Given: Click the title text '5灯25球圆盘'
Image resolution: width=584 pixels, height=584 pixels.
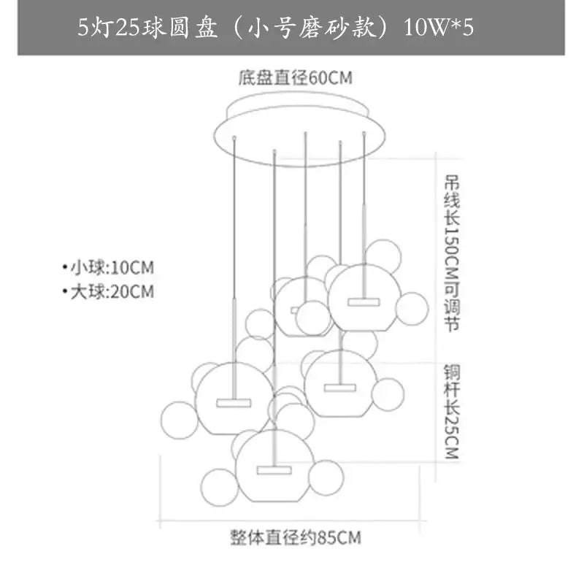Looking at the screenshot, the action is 147,28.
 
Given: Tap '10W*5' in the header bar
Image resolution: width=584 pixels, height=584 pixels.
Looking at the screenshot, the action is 439,28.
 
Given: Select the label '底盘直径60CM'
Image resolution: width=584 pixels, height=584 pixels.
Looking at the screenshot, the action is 295,78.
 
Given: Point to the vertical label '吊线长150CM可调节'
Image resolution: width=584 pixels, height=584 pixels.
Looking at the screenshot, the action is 452,253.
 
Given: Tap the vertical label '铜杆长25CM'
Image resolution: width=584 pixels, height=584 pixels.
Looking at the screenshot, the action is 452,412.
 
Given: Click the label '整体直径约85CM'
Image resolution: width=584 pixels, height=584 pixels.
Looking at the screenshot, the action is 296,538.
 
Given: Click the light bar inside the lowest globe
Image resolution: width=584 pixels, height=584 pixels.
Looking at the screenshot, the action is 274,470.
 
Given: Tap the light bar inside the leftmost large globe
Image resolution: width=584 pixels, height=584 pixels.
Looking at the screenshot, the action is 234,403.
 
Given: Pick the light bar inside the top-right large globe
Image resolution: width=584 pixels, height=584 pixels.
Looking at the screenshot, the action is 364,301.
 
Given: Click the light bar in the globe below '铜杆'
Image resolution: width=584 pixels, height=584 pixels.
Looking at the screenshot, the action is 340,388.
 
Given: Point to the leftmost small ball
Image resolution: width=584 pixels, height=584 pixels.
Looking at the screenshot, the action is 179,420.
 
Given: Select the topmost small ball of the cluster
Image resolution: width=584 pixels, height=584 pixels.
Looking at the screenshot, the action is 383,258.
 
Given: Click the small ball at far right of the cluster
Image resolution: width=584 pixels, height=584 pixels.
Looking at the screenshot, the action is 412,309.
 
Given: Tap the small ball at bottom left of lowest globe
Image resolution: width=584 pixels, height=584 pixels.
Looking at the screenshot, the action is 220,487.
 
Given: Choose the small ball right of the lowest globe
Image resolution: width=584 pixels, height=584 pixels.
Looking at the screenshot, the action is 326,478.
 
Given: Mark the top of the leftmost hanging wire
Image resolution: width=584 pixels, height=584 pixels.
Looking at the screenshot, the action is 234,137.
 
